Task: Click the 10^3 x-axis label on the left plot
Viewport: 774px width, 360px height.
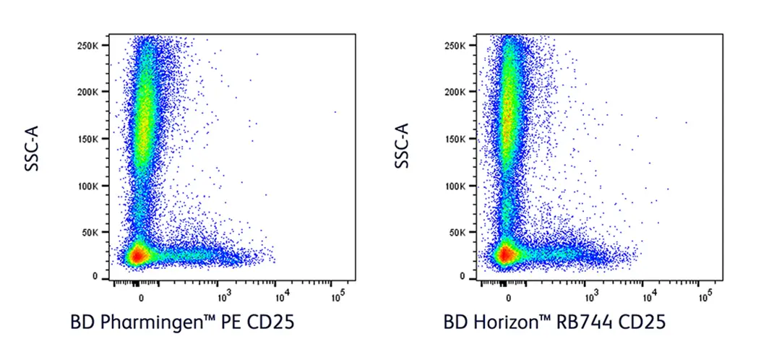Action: pos(223,296)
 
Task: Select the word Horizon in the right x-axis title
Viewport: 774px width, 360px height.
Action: pos(509,323)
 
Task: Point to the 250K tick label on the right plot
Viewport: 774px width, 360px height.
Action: pos(458,45)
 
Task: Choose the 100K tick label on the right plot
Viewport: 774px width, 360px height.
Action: pos(458,185)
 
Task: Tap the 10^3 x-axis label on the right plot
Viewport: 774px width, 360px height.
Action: pos(591,296)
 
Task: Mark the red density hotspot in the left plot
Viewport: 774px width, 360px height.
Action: pos(136,254)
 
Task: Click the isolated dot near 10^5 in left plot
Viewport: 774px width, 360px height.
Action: pos(335,111)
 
